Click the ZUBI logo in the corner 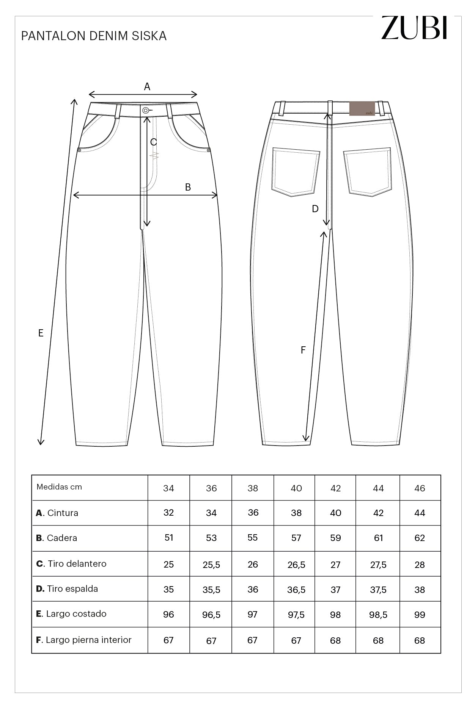pos(414,28)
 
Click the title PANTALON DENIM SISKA pos(94,36)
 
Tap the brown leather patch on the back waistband pos(362,108)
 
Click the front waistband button pos(145,110)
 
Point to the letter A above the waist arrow pos(147,87)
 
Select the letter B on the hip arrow pos(188,187)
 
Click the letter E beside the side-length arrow pos(41,333)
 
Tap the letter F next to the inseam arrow pos(303,350)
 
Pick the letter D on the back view pos(315,209)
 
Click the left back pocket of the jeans pos(295,172)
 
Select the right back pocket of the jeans pos(367,172)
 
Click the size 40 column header pos(296,488)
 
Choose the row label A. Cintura pos(57,513)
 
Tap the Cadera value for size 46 pos(420,538)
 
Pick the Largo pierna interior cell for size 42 pos(335,641)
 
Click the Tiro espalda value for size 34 pos(168,590)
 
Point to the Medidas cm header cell pos(59,487)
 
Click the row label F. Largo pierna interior pos(84,640)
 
